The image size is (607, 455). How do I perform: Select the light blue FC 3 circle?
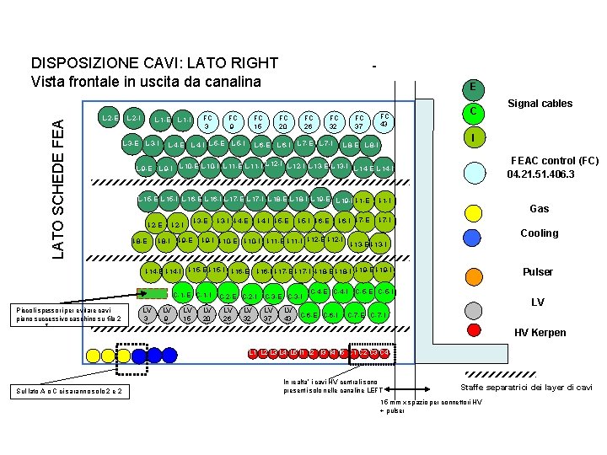tap(207, 122)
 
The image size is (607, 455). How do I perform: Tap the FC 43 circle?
tap(384, 120)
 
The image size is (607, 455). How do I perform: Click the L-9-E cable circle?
tap(145, 169)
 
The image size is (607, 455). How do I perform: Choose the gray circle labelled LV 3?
tap(147, 313)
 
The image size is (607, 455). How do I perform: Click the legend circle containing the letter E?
tap(474, 87)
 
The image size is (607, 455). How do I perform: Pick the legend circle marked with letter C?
tap(474, 111)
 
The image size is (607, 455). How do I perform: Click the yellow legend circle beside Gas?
tap(474, 208)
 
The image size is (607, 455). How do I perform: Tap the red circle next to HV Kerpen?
tap(474, 330)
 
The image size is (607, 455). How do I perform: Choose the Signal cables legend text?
tap(540, 104)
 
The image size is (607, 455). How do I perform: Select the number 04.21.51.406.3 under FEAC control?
tap(540, 174)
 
